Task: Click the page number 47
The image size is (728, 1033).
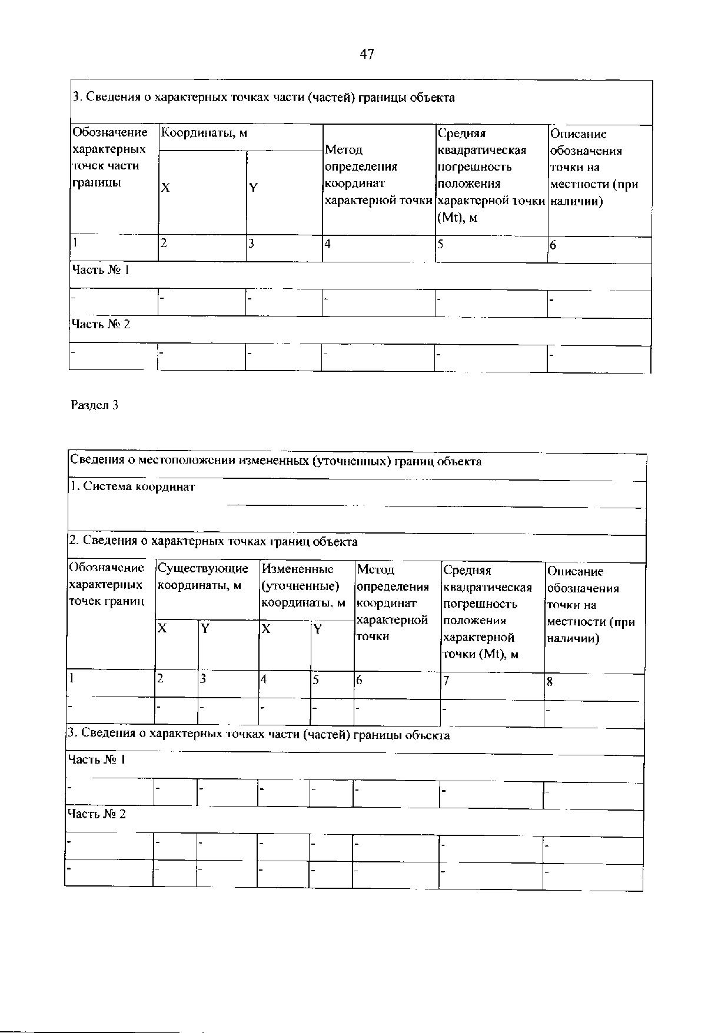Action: tap(367, 55)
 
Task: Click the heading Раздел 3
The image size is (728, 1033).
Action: tap(95, 405)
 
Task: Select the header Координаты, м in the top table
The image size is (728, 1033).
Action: tap(204, 134)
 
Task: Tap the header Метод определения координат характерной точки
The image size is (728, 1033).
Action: tap(378, 175)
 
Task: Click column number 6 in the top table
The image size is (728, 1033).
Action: tap(553, 245)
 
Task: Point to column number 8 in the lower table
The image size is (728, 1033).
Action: tap(550, 682)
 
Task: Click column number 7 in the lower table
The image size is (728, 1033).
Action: tap(446, 681)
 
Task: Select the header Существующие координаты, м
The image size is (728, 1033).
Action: tap(203, 577)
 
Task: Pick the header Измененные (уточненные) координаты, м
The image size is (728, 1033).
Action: tap(303, 585)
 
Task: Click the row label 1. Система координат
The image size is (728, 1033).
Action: tap(132, 487)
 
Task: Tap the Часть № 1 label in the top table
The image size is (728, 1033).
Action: tap(100, 270)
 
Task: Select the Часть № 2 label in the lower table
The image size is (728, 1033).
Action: tap(97, 814)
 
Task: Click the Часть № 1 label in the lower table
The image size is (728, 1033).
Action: tap(97, 759)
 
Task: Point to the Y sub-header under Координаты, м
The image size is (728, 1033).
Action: tap(254, 188)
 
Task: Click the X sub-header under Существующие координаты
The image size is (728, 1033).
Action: tap(162, 629)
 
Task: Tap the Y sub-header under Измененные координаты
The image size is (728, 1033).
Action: tap(318, 629)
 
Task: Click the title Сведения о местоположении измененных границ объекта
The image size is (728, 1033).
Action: tap(275, 462)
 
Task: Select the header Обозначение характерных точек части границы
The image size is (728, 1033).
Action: tap(109, 158)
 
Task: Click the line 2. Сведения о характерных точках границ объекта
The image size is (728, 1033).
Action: tap(213, 541)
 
